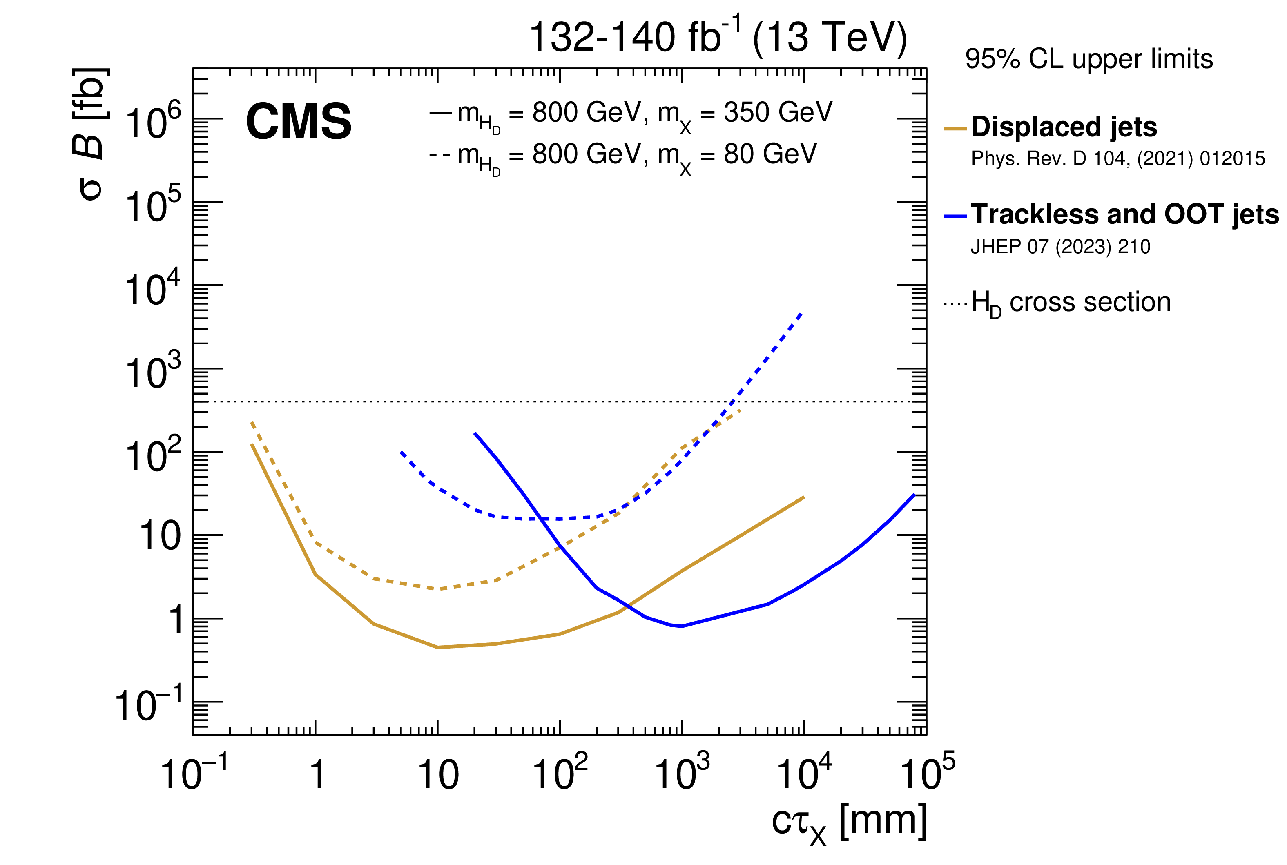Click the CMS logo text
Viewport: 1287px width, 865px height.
pyautogui.click(x=299, y=122)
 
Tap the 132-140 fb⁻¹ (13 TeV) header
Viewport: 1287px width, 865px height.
pyautogui.click(x=718, y=38)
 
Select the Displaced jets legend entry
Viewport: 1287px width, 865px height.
pyautogui.click(x=1064, y=127)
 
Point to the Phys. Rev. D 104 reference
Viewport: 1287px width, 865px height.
pyautogui.click(x=1117, y=159)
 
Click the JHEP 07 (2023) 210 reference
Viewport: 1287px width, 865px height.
pyautogui.click(x=1060, y=247)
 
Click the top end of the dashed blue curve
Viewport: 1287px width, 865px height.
pyautogui.click(x=801, y=313)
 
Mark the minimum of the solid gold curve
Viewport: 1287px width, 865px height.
pyautogui.click(x=437, y=647)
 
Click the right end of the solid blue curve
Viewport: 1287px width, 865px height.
pyautogui.click(x=914, y=495)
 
